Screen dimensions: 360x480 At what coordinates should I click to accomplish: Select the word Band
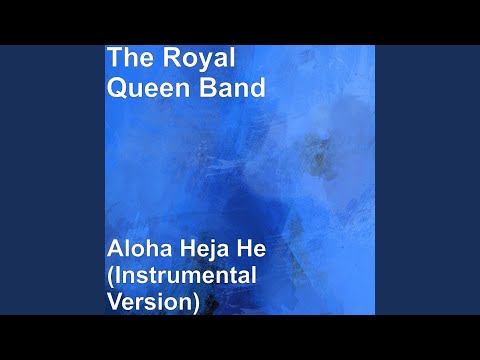click(234, 88)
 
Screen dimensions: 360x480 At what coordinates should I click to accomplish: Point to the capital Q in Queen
click(118, 88)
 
